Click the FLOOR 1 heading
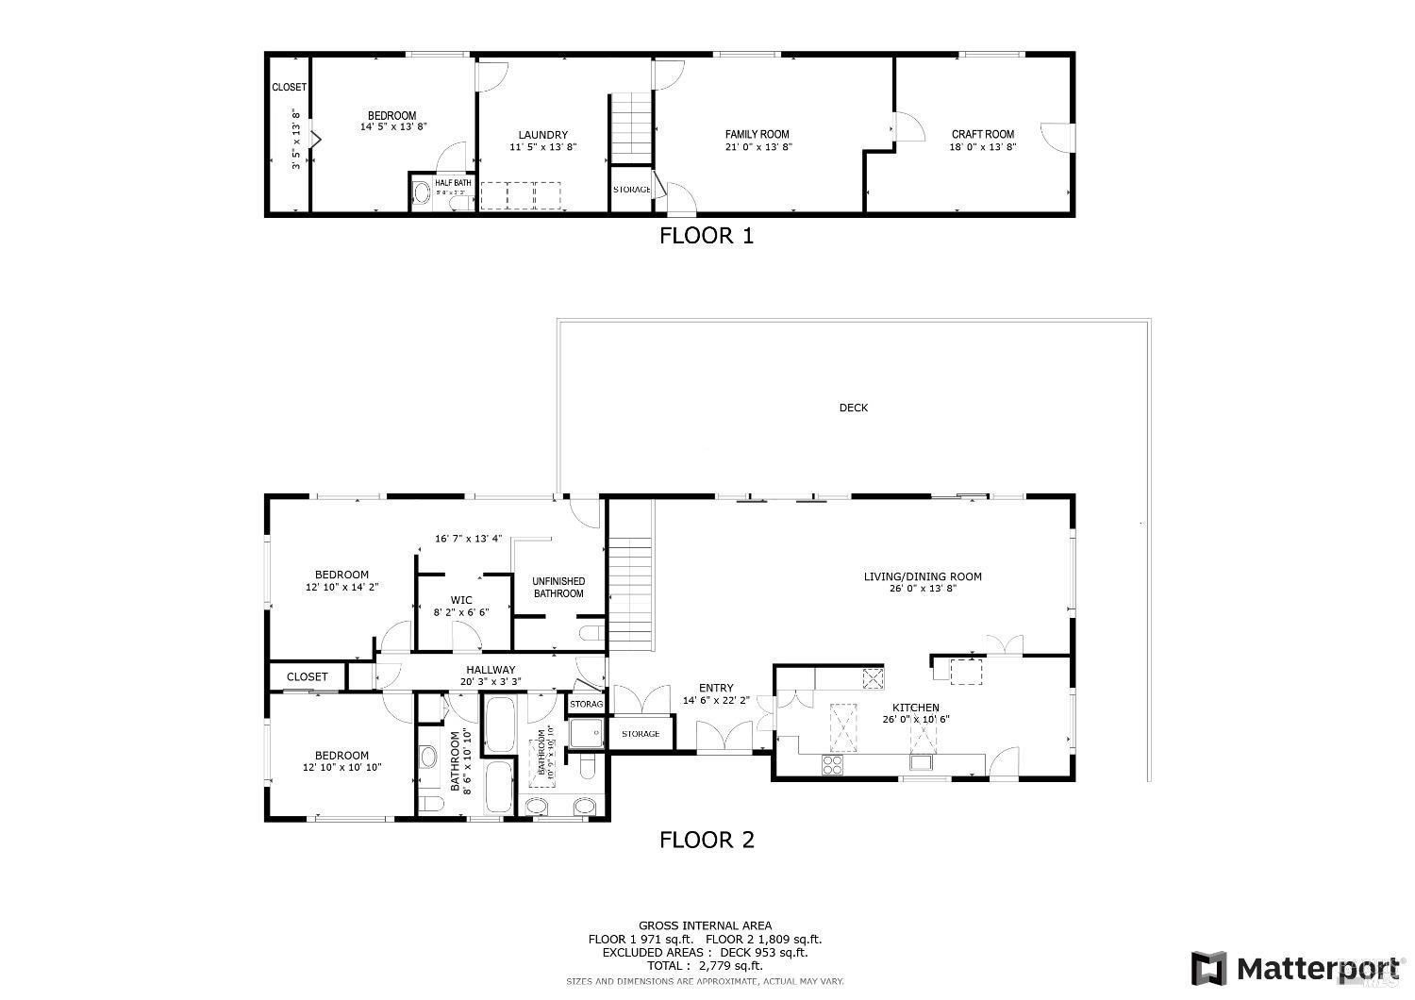[706, 236]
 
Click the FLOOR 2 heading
[707, 840]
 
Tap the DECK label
[853, 408]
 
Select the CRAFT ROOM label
[982, 134]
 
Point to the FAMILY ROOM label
[757, 134]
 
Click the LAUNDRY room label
[542, 135]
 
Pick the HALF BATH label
[453, 183]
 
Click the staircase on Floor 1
[630, 128]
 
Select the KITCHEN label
[915, 708]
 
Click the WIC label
[461, 600]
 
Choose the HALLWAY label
[488, 670]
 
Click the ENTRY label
[716, 688]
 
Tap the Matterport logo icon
[1207, 968]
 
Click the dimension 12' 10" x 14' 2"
[341, 587]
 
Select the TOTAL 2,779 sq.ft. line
[705, 965]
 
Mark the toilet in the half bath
[423, 195]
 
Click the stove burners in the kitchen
[832, 765]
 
